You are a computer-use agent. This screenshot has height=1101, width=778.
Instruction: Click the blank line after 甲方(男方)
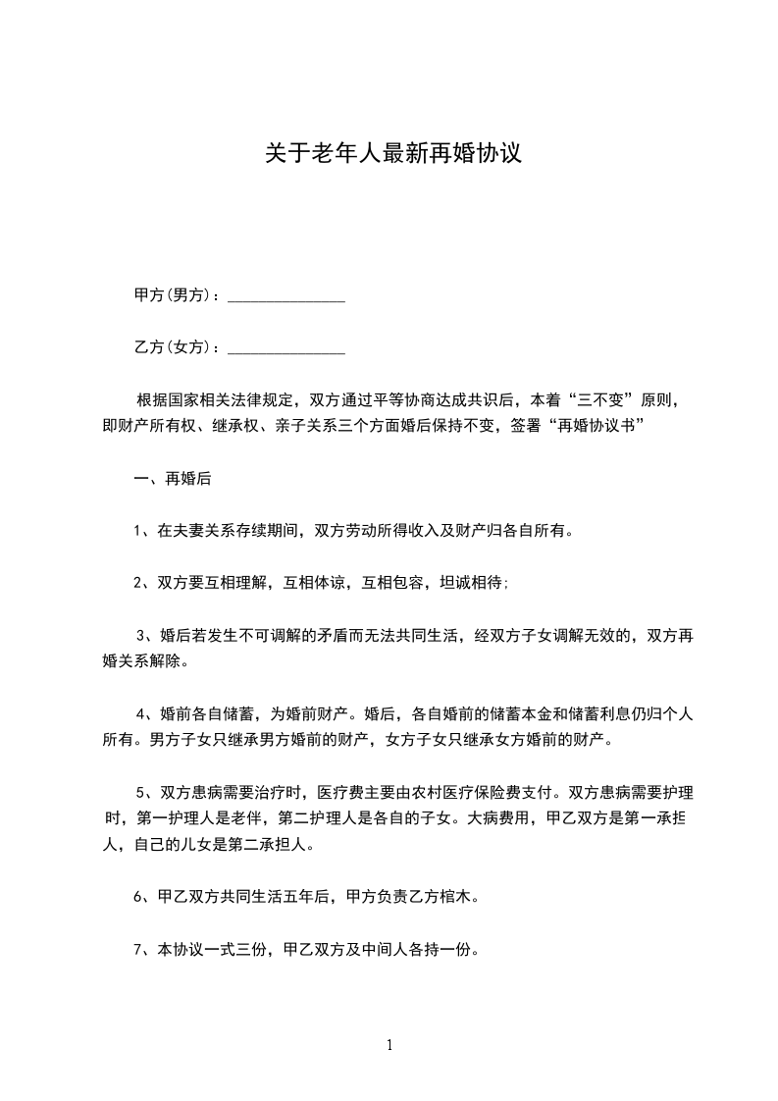pos(286,295)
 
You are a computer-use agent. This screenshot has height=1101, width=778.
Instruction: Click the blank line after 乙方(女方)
pos(286,347)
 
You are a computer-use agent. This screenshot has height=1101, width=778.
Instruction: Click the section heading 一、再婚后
pos(173,480)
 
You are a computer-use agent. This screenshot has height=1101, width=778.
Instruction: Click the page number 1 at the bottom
pos(389,1045)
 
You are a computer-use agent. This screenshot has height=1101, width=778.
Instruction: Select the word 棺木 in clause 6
pos(455,897)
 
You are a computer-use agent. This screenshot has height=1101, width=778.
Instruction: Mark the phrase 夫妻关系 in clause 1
pos(212,532)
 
